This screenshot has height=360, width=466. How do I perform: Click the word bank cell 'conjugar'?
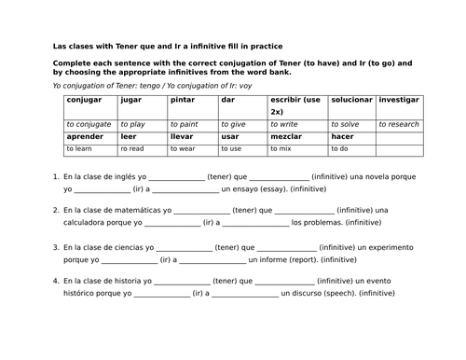click(x=85, y=99)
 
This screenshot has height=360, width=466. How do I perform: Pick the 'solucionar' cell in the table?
click(x=350, y=99)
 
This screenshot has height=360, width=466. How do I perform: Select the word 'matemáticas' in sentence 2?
click(x=134, y=210)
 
